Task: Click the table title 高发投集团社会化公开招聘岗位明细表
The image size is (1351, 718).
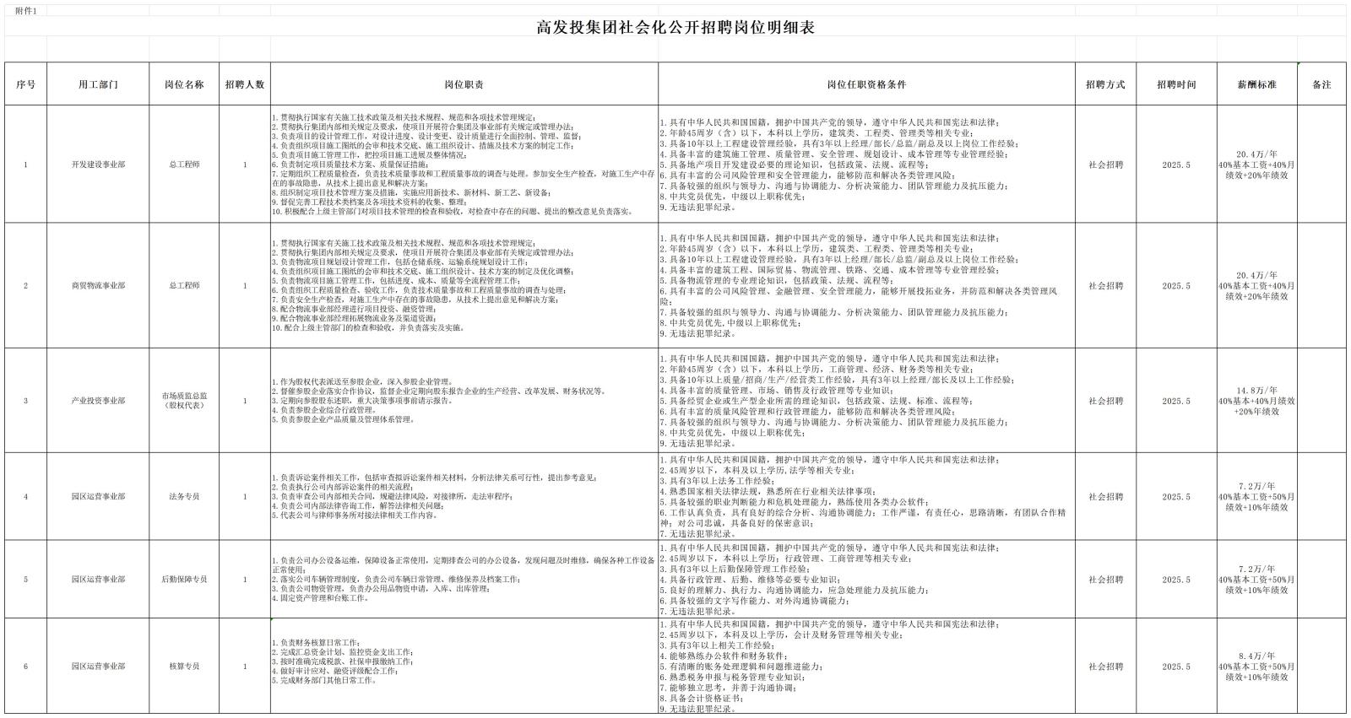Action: [675, 27]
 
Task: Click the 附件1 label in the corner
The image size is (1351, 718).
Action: [26, 10]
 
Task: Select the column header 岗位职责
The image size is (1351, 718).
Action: [464, 84]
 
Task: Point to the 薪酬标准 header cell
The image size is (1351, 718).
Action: [1256, 84]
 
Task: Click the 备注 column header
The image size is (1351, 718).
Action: [1321, 84]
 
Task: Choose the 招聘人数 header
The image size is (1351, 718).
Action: [245, 84]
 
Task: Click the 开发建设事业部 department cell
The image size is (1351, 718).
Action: [98, 165]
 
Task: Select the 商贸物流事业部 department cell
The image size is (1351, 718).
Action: [98, 286]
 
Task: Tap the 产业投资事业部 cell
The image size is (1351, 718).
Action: [98, 401]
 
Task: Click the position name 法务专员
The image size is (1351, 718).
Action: [184, 497]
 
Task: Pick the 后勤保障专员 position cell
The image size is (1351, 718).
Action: [184, 580]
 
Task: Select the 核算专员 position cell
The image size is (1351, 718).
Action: [184, 667]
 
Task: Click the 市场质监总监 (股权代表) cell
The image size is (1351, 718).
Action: [184, 401]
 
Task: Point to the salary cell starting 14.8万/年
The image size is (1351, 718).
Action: [1256, 401]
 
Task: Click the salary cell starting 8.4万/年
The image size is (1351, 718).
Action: [1256, 667]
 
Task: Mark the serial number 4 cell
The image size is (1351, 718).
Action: [25, 497]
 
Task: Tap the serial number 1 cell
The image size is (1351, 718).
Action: [25, 165]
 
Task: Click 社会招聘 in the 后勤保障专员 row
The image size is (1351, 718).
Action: [1106, 580]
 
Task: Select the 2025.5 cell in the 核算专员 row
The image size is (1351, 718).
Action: [1176, 667]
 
